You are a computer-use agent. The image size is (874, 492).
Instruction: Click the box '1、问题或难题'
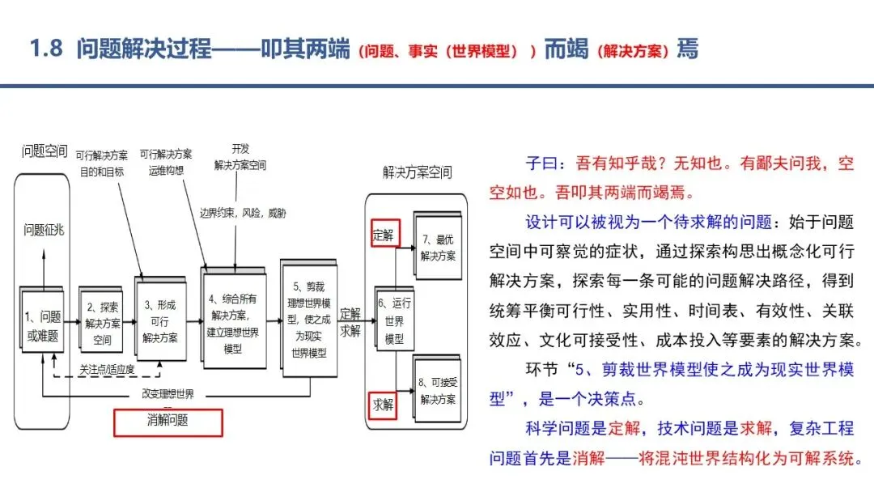(42, 320)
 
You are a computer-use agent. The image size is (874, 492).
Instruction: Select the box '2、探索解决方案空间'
(101, 320)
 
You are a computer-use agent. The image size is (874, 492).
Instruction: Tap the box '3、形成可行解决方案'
(160, 318)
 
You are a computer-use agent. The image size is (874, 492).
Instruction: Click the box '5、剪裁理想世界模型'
(309, 318)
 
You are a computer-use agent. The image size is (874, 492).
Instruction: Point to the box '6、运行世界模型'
(394, 320)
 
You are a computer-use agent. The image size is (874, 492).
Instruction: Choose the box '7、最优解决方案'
(438, 245)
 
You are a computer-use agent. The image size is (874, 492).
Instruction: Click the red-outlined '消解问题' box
(168, 422)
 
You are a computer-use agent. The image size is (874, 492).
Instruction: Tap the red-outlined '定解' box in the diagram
(384, 234)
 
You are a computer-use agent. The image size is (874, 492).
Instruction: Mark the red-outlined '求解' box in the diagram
(384, 405)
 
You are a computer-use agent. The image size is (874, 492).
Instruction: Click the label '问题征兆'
(44, 230)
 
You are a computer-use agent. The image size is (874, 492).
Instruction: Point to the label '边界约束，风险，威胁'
(243, 213)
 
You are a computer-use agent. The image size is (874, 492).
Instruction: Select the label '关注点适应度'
(107, 370)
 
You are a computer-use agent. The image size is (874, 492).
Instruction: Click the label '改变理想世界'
(168, 393)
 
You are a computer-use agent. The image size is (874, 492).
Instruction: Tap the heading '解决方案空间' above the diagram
(417, 172)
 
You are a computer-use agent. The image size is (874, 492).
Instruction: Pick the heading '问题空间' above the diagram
(45, 151)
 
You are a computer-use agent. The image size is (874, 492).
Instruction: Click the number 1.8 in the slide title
(46, 49)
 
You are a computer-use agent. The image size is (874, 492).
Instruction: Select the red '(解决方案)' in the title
(632, 51)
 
